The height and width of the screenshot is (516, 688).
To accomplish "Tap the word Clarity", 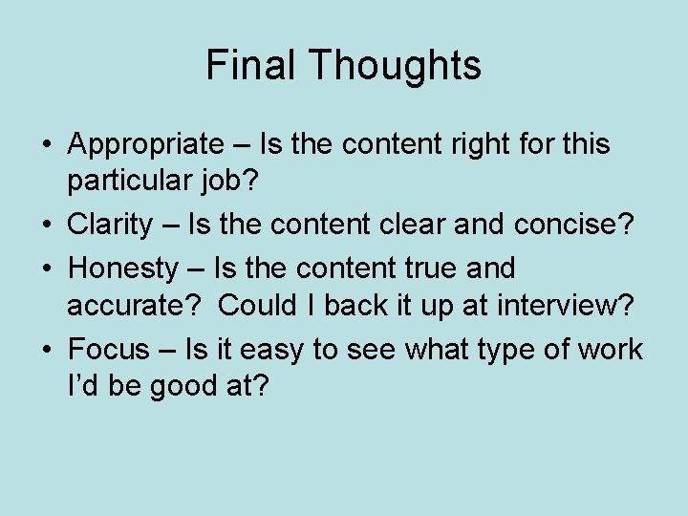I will click(x=110, y=226).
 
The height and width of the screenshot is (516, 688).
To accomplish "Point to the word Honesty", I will click(x=123, y=268).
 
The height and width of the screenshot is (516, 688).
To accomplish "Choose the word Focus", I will click(x=110, y=350).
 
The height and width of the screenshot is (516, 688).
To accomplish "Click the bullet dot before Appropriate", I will click(x=46, y=145).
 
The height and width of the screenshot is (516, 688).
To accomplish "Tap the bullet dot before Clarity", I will click(x=46, y=226).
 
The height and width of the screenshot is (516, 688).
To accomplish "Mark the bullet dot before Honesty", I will click(x=46, y=268).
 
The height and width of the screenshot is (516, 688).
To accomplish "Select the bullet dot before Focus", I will click(x=46, y=350).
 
